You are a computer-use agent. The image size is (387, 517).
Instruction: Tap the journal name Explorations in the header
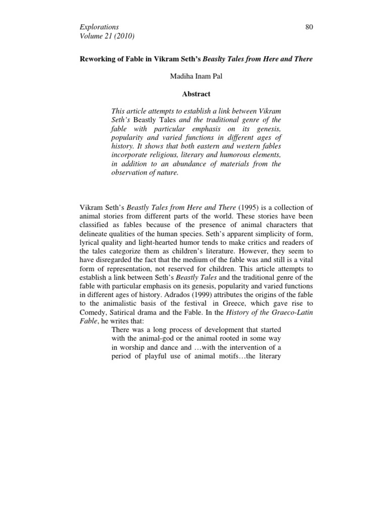[99, 27]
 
